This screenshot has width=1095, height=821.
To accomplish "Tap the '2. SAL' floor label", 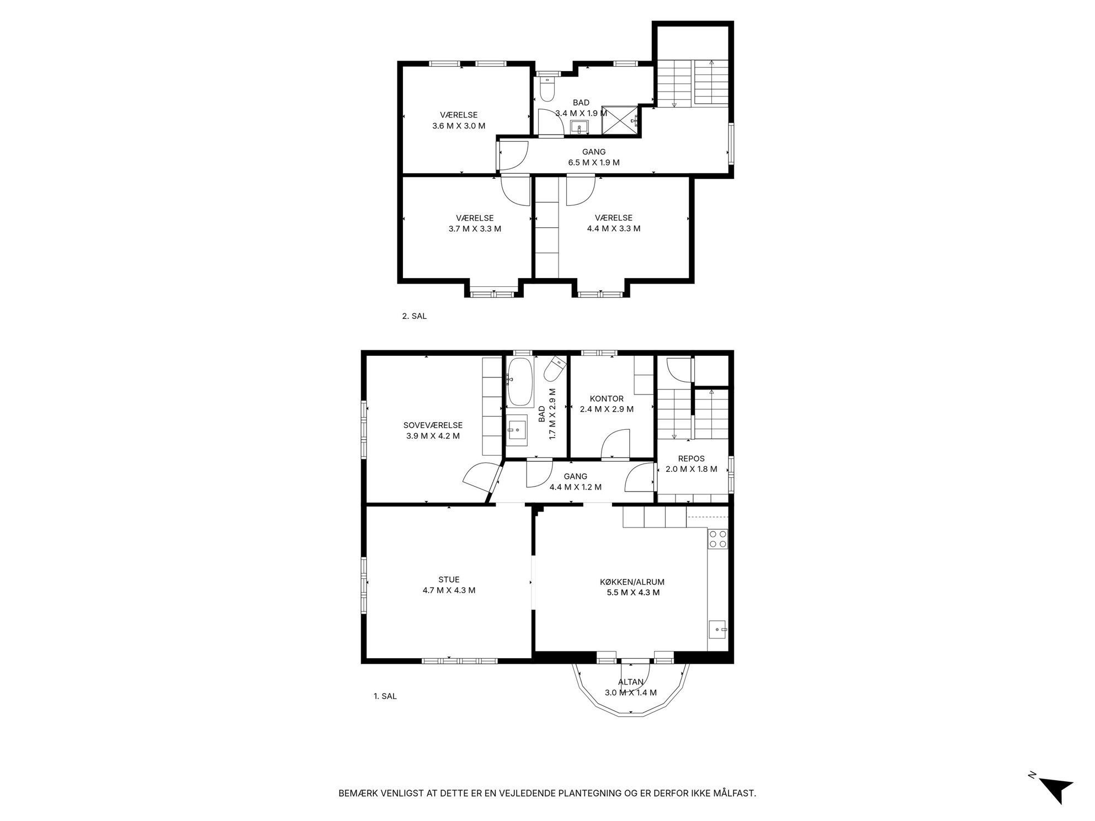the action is pyautogui.click(x=414, y=317).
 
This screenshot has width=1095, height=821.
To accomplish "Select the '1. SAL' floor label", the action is pyautogui.click(x=385, y=696).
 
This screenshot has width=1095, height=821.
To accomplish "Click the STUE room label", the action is pyautogui.click(x=449, y=580).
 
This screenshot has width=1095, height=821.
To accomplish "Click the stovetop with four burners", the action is pyautogui.click(x=717, y=539).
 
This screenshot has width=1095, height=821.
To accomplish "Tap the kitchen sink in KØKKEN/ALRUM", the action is pyautogui.click(x=717, y=629).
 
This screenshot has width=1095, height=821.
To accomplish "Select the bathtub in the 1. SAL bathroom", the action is pyautogui.click(x=519, y=381).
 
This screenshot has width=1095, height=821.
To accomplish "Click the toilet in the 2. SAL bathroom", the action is pyautogui.click(x=547, y=89).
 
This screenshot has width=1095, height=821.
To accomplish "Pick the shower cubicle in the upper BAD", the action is pyautogui.click(x=620, y=119).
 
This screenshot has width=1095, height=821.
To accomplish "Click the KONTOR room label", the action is pyautogui.click(x=607, y=399).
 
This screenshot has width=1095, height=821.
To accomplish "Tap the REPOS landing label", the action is pyautogui.click(x=692, y=459).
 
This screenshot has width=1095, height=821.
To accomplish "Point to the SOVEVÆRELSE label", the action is pyautogui.click(x=433, y=425).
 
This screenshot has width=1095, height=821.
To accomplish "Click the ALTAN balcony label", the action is pyautogui.click(x=631, y=682).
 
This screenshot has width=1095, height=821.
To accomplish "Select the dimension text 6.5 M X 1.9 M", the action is pyautogui.click(x=594, y=163).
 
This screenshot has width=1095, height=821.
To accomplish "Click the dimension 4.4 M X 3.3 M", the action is pyautogui.click(x=614, y=228).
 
